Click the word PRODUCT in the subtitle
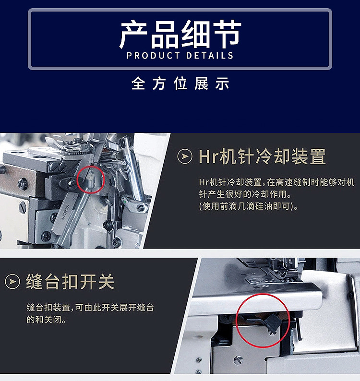coord(152,56)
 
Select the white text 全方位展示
coord(180,83)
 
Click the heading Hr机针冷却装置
coord(262,157)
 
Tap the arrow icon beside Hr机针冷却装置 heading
coord(185,157)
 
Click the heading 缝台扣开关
coord(70,282)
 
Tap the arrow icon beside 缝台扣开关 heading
coord(12,282)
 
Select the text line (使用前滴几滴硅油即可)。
coord(249,206)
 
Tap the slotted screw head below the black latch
coord(238,359)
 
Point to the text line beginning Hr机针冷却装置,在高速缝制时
coord(276,182)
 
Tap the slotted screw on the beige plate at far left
coord(23,207)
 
